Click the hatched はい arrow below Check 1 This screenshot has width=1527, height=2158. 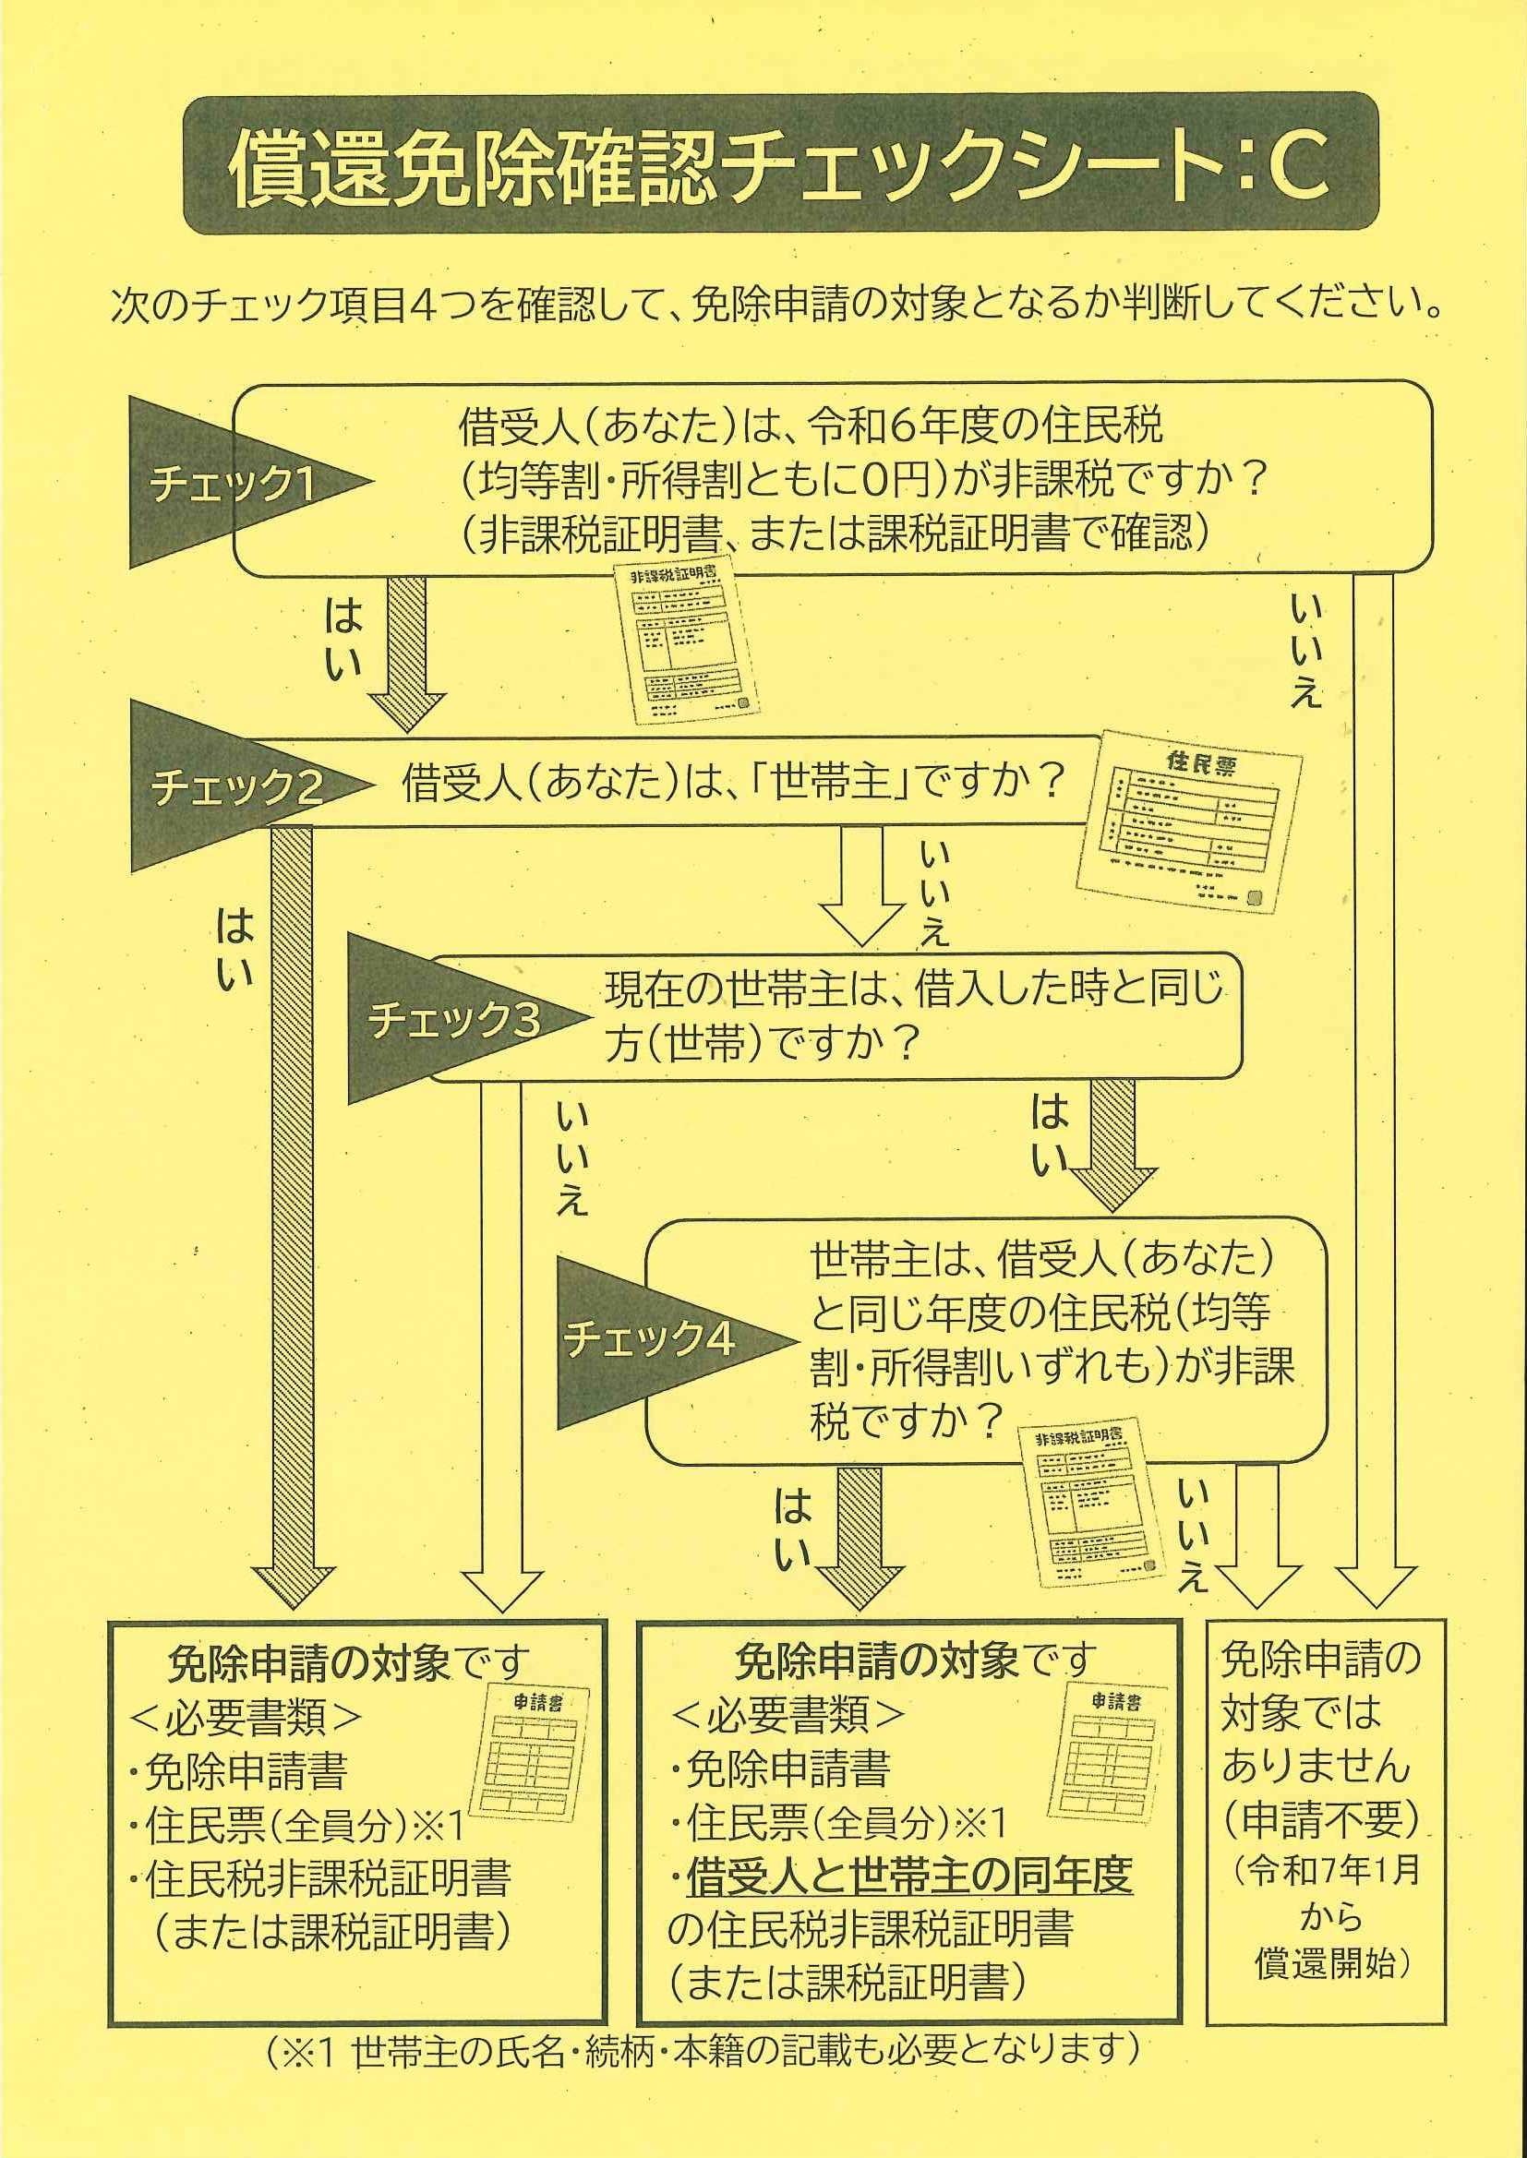pyautogui.click(x=405, y=654)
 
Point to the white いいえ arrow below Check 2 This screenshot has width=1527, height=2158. pyautogui.click(x=861, y=885)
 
